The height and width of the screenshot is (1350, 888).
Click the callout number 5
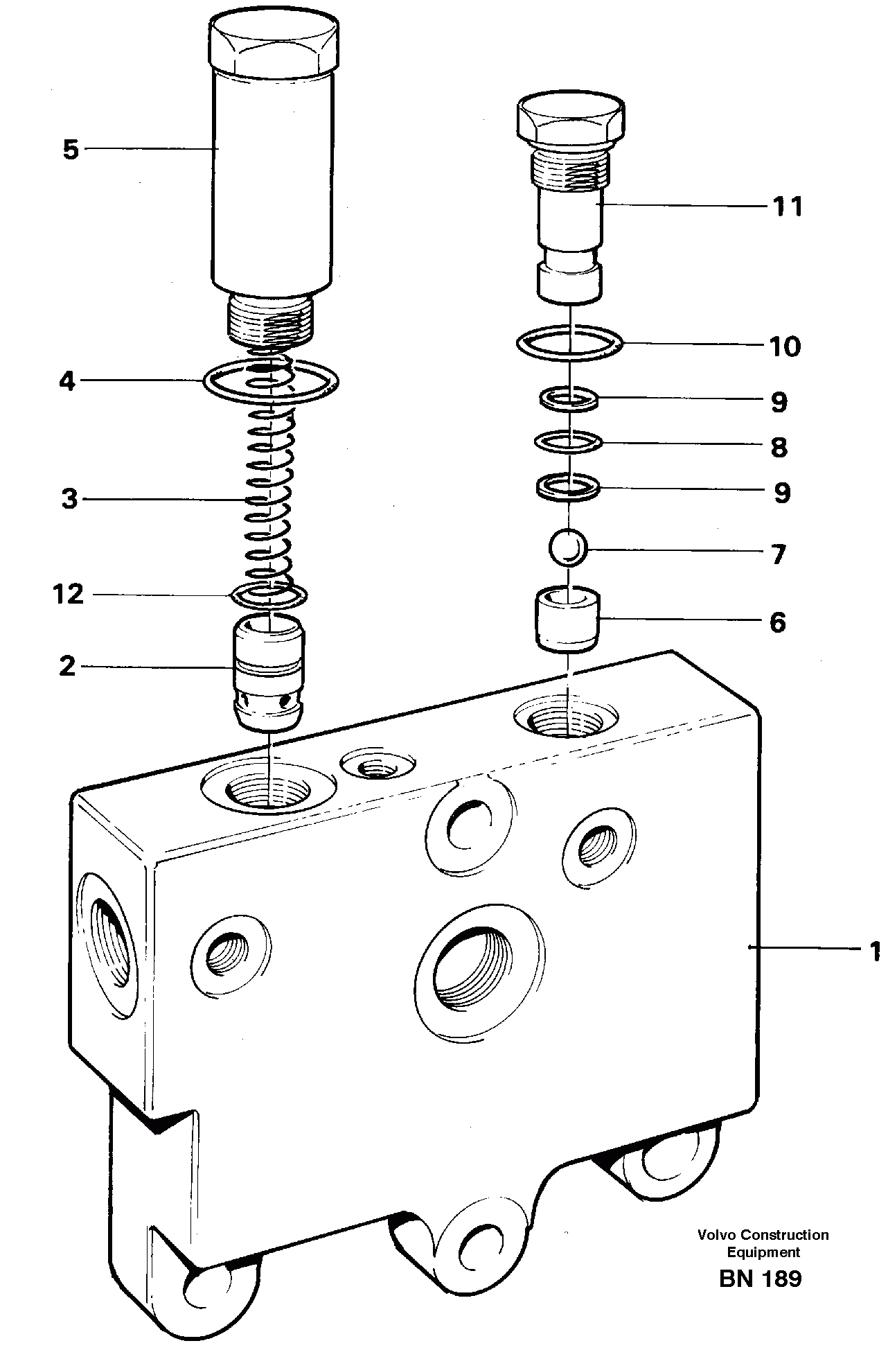[71, 150]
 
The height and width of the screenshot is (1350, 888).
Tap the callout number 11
[786, 207]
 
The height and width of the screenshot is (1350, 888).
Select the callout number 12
[68, 594]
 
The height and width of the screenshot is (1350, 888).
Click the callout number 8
[779, 447]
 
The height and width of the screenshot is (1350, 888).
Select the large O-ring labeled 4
[271, 380]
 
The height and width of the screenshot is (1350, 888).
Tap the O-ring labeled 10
[570, 342]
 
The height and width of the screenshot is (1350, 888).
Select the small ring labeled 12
[269, 594]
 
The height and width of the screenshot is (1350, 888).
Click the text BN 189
[760, 1279]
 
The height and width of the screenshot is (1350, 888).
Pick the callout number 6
[778, 622]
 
